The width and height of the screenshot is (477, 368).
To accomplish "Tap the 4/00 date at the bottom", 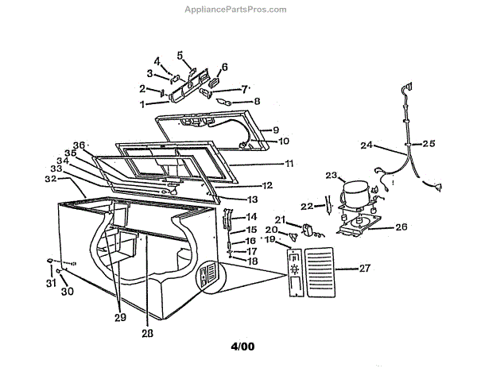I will point(243,347).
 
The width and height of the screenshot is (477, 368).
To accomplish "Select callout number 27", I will point(364,269).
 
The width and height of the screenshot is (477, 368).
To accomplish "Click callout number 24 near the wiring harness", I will point(366,145).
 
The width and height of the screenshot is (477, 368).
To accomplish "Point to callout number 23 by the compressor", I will point(331,175).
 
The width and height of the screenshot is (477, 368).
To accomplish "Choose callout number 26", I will point(401,227).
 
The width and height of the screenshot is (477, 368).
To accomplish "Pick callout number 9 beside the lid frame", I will point(276,130).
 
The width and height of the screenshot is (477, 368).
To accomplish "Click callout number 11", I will point(289,163).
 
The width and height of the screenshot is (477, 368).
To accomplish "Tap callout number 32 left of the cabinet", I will point(50,180).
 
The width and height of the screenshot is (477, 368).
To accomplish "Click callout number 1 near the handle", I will point(142,104).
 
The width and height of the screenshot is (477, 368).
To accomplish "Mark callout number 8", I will point(256,101).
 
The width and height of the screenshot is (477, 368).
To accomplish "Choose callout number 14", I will point(250,217).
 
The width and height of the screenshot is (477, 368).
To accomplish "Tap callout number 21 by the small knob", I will point(280,219).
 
